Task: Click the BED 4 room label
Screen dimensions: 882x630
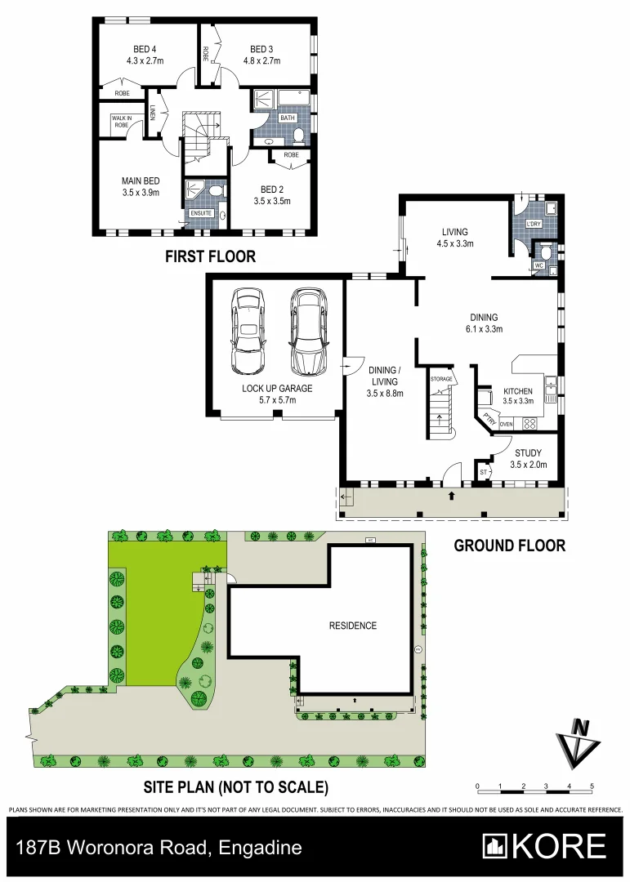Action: [x=141, y=48]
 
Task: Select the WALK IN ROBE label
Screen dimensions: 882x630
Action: [x=121, y=122]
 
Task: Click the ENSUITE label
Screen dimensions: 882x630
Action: [x=201, y=214]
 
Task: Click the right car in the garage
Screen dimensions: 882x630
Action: [x=306, y=329]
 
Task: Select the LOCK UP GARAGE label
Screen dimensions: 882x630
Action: [x=274, y=389]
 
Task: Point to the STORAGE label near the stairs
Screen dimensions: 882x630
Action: [x=441, y=380]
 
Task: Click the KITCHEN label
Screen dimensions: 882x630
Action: [x=518, y=391]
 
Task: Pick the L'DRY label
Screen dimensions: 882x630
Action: [x=534, y=224]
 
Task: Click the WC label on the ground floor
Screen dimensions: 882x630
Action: [x=539, y=265]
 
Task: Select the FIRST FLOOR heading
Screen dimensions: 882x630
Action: [x=210, y=256]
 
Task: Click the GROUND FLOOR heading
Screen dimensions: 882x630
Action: [x=509, y=546]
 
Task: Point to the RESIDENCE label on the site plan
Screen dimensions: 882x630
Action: [x=353, y=626]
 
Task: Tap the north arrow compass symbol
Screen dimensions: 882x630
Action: [x=579, y=740]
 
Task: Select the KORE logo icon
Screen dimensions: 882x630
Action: [x=494, y=846]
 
